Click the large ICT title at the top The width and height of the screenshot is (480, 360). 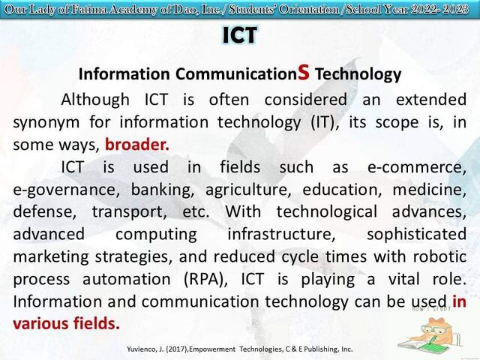[x=240, y=35]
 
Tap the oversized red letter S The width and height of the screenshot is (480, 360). [x=303, y=72]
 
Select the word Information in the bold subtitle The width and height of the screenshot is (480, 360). [x=124, y=74]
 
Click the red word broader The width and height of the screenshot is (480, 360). [x=136, y=145]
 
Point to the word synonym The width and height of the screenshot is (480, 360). [x=46, y=123]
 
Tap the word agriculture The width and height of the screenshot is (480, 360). [x=248, y=190]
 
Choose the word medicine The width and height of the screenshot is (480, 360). [x=430, y=190]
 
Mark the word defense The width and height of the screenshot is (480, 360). [x=45, y=212]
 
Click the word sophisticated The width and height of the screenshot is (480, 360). [x=417, y=235]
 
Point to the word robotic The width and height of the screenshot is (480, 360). [x=440, y=256]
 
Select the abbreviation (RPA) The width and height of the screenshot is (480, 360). [x=206, y=280]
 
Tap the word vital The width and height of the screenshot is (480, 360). [x=403, y=279]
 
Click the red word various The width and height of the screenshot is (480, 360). [x=40, y=324]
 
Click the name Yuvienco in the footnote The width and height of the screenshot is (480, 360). [x=142, y=349]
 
